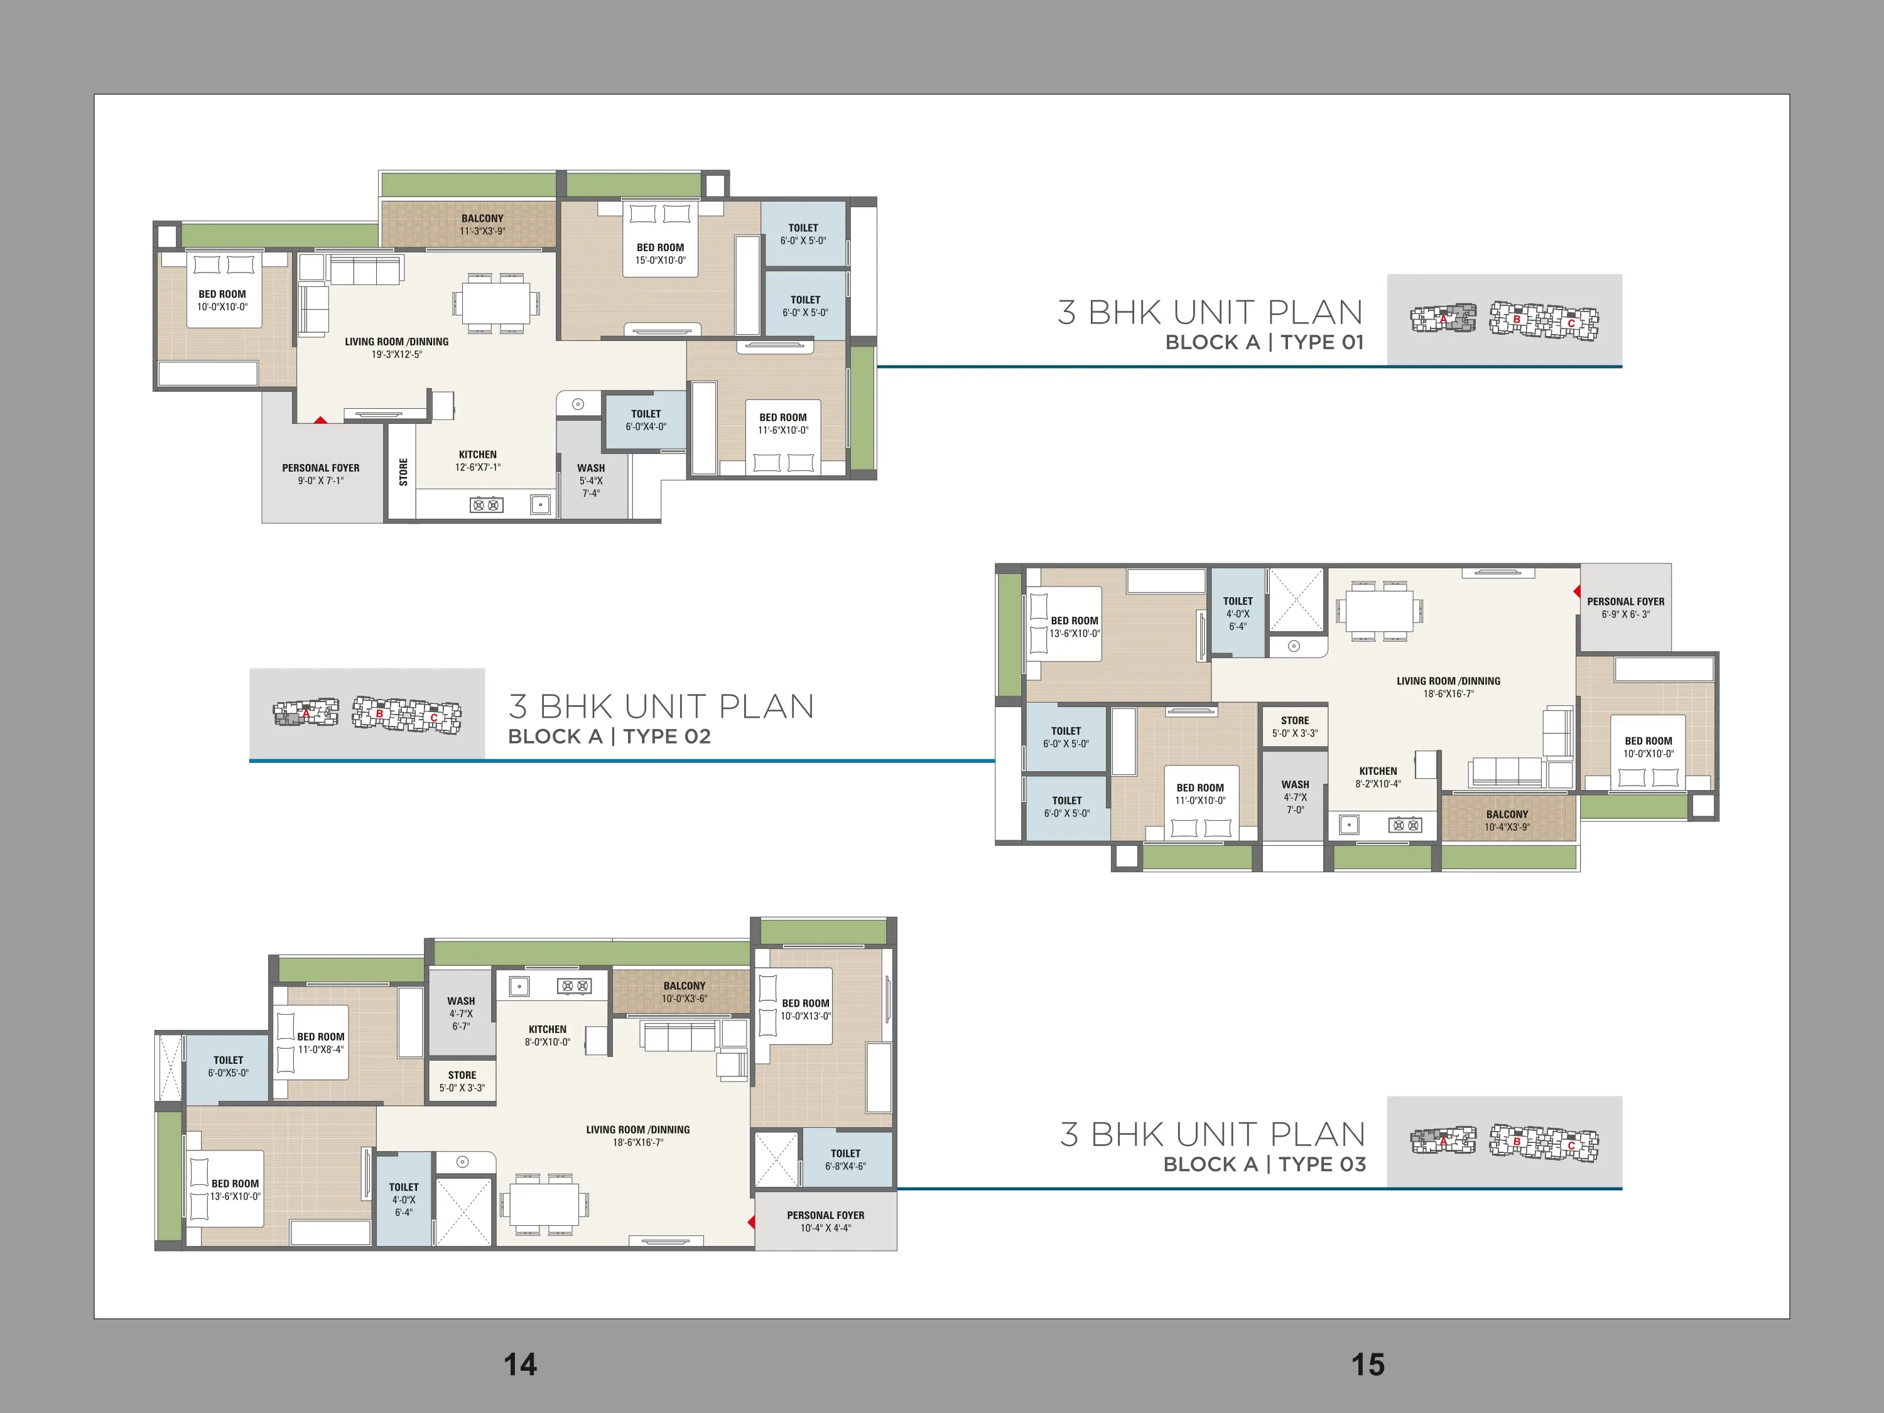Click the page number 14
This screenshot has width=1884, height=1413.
[521, 1365]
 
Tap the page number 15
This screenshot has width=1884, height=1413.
[1368, 1365]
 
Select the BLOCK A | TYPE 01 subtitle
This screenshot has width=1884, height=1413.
[1264, 342]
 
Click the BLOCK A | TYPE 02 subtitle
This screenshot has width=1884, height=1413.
[609, 737]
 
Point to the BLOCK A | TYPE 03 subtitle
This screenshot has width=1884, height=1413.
[1265, 1164]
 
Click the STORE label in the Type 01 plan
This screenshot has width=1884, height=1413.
[404, 472]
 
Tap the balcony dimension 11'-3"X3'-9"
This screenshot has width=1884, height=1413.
[483, 232]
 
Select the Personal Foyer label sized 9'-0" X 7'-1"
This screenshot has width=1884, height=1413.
[321, 468]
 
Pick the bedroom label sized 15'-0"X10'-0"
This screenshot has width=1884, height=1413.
[660, 248]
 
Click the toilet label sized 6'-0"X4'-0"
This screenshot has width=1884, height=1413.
[646, 414]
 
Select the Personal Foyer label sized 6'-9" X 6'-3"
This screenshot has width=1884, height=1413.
[1625, 602]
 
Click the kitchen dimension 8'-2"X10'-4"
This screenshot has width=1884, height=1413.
[1378, 784]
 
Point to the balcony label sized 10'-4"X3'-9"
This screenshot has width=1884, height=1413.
[1508, 815]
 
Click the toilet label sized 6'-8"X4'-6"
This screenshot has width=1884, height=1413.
[846, 1153]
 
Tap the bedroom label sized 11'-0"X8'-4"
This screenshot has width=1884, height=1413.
[321, 1037]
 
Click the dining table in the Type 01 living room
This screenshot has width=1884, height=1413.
[497, 302]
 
